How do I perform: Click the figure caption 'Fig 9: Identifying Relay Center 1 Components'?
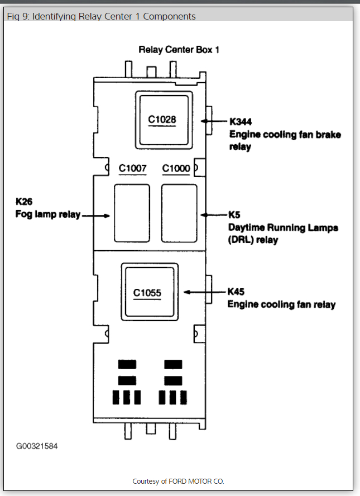tap(101, 16)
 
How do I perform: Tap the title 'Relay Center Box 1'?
tap(179, 50)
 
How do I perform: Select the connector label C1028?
tap(162, 119)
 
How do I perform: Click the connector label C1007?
tap(133, 168)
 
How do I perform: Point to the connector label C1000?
tap(176, 168)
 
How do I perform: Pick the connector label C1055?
tap(147, 292)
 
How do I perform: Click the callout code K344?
tap(241, 121)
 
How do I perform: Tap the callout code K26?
tap(25, 202)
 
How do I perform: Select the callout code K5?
tap(234, 214)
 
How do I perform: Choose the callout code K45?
tap(237, 292)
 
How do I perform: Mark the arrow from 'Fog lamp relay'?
tap(95, 215)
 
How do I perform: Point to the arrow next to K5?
tap(214, 214)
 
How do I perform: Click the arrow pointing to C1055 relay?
tap(203, 292)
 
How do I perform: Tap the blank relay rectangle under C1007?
tap(132, 213)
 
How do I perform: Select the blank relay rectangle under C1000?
tap(179, 213)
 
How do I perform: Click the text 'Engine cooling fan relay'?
tap(281, 304)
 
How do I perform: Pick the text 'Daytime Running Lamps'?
tap(284, 227)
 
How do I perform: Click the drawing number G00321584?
tap(36, 446)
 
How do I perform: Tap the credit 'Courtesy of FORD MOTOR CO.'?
tap(179, 481)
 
